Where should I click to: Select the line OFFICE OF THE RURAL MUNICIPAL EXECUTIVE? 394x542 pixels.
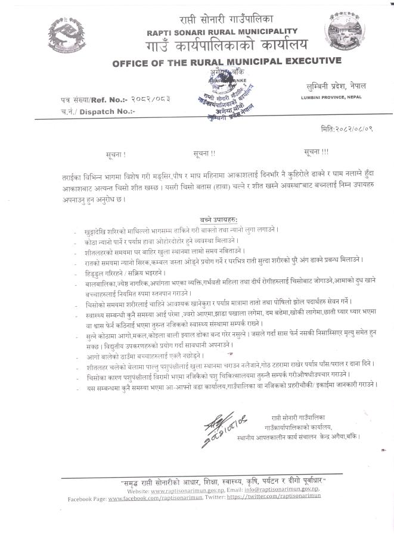pos(227,61)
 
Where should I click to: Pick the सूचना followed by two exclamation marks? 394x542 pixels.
pos(204,154)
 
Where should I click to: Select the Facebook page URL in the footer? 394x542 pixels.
pos(152,497)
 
